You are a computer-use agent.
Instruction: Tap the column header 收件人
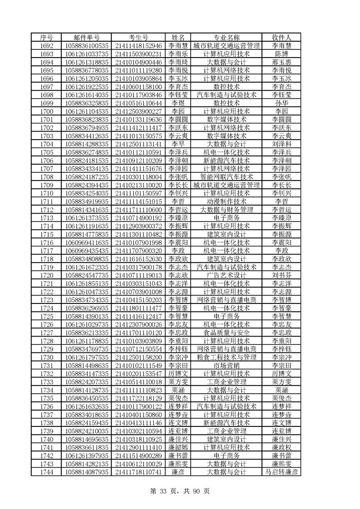coord(281,37)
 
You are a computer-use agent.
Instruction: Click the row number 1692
coord(47,45)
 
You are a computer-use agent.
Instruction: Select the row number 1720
coord(47,275)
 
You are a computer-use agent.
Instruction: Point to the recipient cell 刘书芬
coord(281,275)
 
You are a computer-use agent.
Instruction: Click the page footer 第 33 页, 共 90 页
coord(180,490)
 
